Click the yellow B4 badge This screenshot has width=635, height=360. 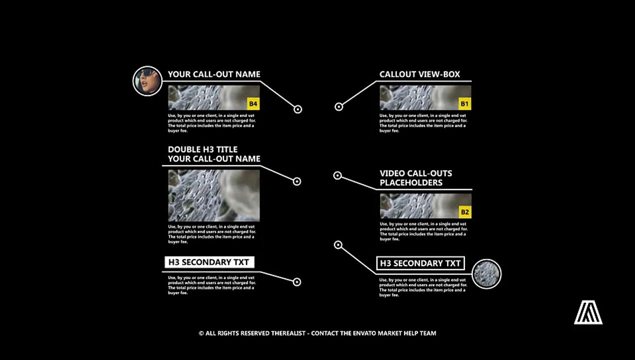click(253, 104)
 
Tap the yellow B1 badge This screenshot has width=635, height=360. click(465, 104)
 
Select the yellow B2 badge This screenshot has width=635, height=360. click(465, 212)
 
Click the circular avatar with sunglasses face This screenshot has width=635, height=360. click(147, 81)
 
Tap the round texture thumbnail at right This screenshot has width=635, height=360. click(486, 274)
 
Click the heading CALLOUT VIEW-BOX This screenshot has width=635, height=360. click(419, 74)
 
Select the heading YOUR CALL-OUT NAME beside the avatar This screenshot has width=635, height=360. click(214, 74)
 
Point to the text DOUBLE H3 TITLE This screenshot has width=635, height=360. click(202, 149)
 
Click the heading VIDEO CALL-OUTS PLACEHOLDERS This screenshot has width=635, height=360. click(415, 178)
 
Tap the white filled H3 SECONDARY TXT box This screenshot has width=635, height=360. click(209, 262)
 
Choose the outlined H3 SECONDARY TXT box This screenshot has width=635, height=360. click(420, 263)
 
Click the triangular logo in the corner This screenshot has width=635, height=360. click(588, 313)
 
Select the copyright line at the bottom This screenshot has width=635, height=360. click(317, 333)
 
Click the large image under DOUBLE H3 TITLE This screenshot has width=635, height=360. click(214, 195)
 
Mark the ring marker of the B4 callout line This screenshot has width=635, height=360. click(297, 109)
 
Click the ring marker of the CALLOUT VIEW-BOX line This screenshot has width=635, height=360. click(338, 106)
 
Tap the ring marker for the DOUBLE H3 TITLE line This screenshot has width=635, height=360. click(296, 181)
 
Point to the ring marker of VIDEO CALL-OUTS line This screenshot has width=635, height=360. click(337, 175)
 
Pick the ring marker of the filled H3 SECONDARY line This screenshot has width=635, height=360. click(296, 282)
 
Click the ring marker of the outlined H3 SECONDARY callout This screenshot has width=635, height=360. click(338, 245)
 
